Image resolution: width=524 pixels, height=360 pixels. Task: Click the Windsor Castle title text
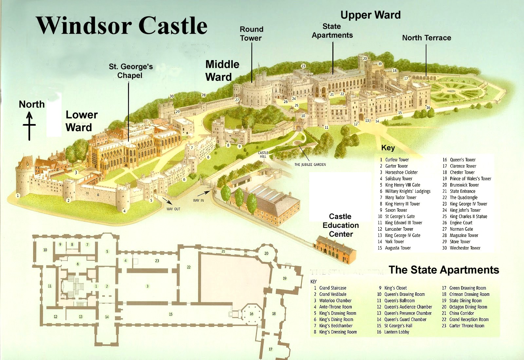(x=122, y=25)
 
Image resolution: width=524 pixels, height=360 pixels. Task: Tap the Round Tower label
(x=251, y=34)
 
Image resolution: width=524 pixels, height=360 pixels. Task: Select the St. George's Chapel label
(x=130, y=71)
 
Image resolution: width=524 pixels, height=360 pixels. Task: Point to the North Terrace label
(x=426, y=38)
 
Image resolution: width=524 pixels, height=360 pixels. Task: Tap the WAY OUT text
(x=173, y=209)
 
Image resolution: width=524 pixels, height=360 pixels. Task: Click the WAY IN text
(x=198, y=200)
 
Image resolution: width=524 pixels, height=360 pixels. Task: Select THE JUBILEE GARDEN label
(x=310, y=164)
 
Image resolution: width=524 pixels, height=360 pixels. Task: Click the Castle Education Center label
(x=341, y=225)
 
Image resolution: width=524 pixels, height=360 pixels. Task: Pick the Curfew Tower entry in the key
(x=397, y=160)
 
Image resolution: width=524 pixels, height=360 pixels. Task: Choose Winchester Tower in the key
(x=465, y=248)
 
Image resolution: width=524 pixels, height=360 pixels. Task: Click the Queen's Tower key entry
(x=462, y=160)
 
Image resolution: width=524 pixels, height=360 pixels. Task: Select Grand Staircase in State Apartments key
(x=332, y=288)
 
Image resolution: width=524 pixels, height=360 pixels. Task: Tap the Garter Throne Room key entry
(x=466, y=326)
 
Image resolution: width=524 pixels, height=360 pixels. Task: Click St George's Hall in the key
(x=398, y=326)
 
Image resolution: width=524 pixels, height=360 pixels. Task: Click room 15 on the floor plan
(x=171, y=314)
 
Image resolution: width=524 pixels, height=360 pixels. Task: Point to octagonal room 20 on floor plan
(x=266, y=253)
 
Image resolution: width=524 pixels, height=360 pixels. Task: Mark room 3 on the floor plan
(x=147, y=286)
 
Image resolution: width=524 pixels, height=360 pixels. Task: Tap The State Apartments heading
(x=444, y=270)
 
